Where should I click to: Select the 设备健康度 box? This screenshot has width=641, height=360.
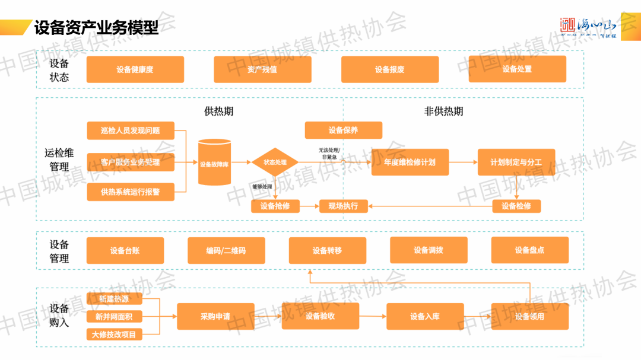pos(135,69)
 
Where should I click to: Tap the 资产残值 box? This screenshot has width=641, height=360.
pos(262,69)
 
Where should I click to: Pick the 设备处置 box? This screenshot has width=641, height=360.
pos(517,69)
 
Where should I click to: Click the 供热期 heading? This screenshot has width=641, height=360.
pos(218,111)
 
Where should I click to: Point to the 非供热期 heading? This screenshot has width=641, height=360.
pos(443,111)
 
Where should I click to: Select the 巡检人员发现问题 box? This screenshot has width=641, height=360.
pos(131,130)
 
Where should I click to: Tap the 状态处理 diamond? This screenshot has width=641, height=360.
pos(275,162)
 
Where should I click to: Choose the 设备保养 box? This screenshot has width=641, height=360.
pos(343,130)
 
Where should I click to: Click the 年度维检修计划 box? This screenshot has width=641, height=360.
pos(410,162)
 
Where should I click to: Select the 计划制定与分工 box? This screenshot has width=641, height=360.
pos(516,162)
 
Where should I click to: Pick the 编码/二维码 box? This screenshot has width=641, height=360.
pos(226,250)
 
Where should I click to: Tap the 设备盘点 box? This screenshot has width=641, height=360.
pos(529,250)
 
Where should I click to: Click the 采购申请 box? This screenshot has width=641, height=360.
pos(215,316)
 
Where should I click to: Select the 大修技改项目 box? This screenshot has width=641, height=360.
pos(113,334)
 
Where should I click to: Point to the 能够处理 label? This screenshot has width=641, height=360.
pos(262,187)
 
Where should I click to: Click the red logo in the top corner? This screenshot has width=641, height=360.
pos(569,26)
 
